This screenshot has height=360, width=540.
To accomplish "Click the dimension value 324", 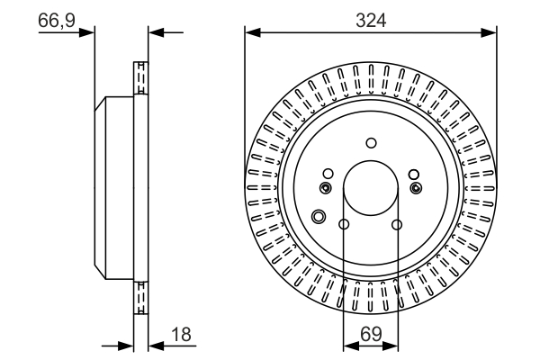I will pos(371,20).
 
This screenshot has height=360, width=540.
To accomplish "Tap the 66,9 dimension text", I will pos(56,20).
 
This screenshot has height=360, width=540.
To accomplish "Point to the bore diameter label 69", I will pos(371,333).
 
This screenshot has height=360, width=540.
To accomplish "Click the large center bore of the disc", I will pos(371,188).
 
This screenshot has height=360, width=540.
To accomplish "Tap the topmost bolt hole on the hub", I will pos(371,141).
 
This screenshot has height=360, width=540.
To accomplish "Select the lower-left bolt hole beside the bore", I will pos(344,225).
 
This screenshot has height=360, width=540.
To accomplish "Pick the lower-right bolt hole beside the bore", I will pos(397,225).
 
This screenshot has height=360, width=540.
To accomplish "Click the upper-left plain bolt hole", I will pos(328,174).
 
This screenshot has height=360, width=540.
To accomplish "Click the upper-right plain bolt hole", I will pos(414,174).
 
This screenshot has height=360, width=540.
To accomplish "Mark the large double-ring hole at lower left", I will pos(318,216).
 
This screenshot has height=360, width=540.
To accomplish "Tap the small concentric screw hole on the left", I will pos(326,187).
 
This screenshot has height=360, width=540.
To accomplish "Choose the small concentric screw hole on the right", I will pos(416,187).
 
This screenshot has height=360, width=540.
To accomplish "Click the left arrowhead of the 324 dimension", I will pos(251,34).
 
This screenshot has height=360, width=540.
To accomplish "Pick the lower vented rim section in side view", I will pos(139,297).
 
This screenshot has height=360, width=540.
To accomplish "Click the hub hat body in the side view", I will pos(115,188).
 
